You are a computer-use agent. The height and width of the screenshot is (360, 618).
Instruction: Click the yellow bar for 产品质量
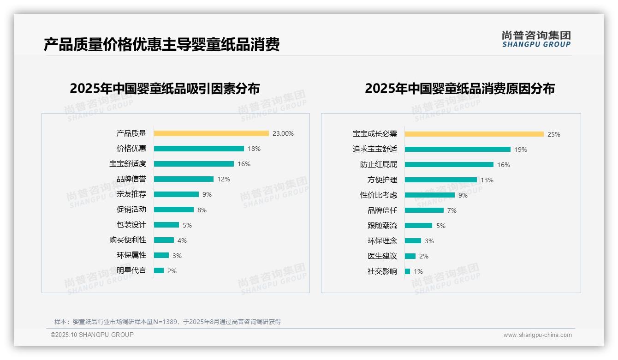211,133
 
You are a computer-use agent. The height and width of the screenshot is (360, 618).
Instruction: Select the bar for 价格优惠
199,149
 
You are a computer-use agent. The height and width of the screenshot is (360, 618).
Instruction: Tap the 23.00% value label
283,133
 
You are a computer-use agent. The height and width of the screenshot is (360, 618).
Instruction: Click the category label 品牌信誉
131,179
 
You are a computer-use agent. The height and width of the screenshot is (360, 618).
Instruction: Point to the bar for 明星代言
159,270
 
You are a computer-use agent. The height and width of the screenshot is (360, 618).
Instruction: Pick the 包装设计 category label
131,225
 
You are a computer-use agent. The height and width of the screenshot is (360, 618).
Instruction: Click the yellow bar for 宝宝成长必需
474,134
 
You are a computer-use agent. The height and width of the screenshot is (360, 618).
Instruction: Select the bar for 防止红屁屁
449,165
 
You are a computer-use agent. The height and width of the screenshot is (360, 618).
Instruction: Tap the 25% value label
553,134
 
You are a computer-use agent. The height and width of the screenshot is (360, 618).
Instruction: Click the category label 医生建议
382,256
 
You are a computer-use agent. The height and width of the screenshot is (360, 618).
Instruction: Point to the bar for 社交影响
407,271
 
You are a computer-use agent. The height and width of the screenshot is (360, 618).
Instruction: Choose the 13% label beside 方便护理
487,180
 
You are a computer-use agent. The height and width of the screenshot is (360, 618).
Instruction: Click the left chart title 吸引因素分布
165,88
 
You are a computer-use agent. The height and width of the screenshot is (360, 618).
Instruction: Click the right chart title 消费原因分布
459,88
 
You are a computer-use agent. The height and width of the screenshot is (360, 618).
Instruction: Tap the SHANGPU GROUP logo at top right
536,39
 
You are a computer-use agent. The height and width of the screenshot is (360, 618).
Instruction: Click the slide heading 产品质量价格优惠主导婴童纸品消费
161,45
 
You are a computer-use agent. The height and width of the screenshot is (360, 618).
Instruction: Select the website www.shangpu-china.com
537,335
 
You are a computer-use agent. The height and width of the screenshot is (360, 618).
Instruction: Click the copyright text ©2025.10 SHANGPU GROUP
92,335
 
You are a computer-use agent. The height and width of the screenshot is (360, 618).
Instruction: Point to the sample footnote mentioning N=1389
167,322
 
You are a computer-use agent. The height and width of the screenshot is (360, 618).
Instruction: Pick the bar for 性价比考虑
429,195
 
